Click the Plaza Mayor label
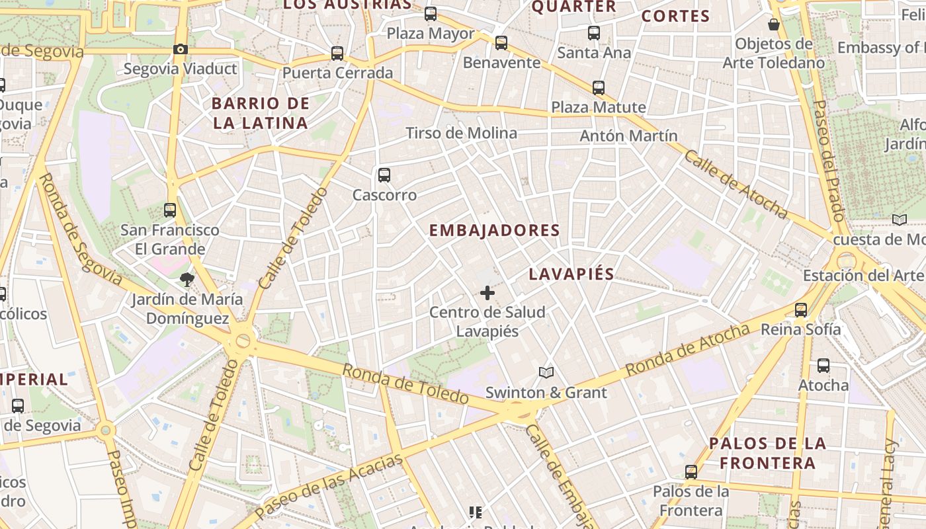tap(431, 34)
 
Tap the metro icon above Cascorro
tap(384, 175)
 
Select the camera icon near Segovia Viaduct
tap(180, 49)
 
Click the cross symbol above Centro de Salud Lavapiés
tap(487, 292)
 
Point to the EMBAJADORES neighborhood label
tap(495, 231)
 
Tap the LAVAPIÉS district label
tap(571, 274)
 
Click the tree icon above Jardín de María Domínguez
tap(187, 280)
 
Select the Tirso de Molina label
tap(462, 133)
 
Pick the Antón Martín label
tap(628, 136)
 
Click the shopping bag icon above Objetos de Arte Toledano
tap(774, 25)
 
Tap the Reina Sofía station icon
tap(801, 309)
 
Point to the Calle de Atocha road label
tap(736, 184)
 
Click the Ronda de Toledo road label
tap(405, 384)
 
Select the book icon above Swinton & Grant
tap(546, 373)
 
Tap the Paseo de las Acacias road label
tap(329, 486)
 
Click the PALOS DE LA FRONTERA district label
tap(767, 453)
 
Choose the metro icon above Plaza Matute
tap(599, 87)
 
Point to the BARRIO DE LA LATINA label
tap(261, 113)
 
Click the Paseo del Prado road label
tap(829, 161)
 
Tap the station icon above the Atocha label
tap(823, 366)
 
